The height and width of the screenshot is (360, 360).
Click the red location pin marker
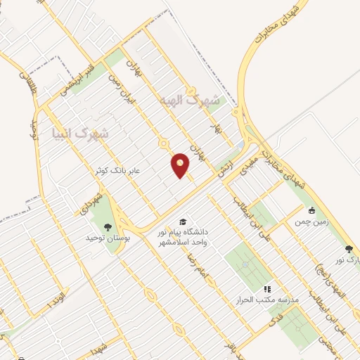tap(181, 165)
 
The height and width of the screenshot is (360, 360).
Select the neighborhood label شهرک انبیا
tap(82, 131)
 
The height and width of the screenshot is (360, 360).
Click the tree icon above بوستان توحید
tap(108, 226)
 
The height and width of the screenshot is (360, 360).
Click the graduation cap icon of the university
tap(184, 221)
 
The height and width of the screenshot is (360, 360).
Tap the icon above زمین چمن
tap(311, 210)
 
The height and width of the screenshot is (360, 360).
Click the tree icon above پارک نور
tap(348, 248)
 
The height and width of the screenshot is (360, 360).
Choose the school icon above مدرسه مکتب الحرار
tap(266, 288)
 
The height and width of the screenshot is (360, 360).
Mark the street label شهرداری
tap(94, 198)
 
